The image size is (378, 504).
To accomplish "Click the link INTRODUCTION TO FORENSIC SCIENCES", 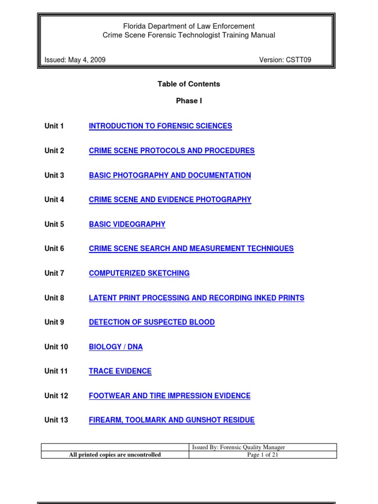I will pyautogui.click(x=160, y=126).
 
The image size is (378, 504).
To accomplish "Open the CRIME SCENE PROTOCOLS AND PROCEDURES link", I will pyautogui.click(x=172, y=151).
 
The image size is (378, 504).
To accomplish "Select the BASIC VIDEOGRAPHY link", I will pyautogui.click(x=127, y=224).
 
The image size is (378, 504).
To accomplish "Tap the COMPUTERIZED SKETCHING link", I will pyautogui.click(x=139, y=273).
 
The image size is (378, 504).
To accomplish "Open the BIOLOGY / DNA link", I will pyautogui.click(x=116, y=347).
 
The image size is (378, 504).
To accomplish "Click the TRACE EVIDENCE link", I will pyautogui.click(x=120, y=371).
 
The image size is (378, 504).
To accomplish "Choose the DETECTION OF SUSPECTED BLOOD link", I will pyautogui.click(x=152, y=322).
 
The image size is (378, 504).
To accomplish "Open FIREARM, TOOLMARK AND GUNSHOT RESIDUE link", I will pyautogui.click(x=172, y=420).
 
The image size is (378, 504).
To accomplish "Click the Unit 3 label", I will pyautogui.click(x=54, y=175).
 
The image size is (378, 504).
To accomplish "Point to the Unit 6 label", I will pyautogui.click(x=54, y=249).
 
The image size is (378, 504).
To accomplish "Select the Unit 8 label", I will pyautogui.click(x=54, y=298).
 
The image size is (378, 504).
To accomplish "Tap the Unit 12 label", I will pyautogui.click(x=56, y=396).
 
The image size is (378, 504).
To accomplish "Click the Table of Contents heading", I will pyautogui.click(x=189, y=84).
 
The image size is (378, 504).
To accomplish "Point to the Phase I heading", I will pyautogui.click(x=189, y=101).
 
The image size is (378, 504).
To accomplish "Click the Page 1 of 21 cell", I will pyautogui.click(x=263, y=455).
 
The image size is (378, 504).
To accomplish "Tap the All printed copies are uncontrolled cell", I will pyautogui.click(x=115, y=455).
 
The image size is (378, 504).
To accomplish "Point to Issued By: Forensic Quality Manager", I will pyautogui.click(x=238, y=447).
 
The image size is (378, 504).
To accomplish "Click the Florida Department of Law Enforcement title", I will pyautogui.click(x=189, y=26).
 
